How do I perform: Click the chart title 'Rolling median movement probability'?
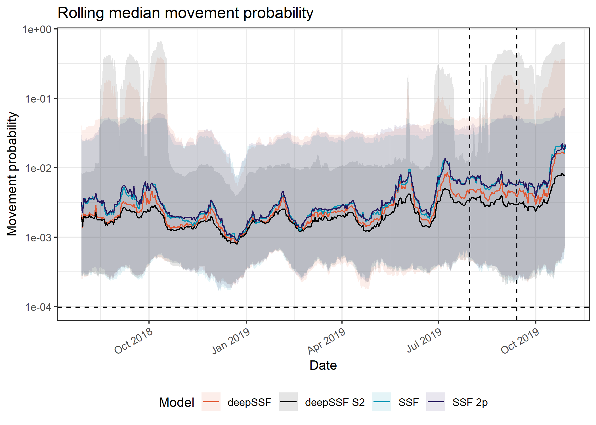click(x=185, y=13)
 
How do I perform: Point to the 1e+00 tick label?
click(x=37, y=29)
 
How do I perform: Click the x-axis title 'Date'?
click(x=323, y=365)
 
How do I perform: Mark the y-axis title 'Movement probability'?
click(x=12, y=174)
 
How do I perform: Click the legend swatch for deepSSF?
click(x=211, y=402)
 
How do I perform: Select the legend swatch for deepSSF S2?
click(x=288, y=402)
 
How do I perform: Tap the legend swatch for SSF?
click(x=382, y=402)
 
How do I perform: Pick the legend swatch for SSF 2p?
click(x=436, y=402)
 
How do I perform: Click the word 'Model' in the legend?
click(x=177, y=402)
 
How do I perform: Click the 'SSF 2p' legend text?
click(x=470, y=402)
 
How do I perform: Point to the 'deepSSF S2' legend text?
click(x=335, y=402)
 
